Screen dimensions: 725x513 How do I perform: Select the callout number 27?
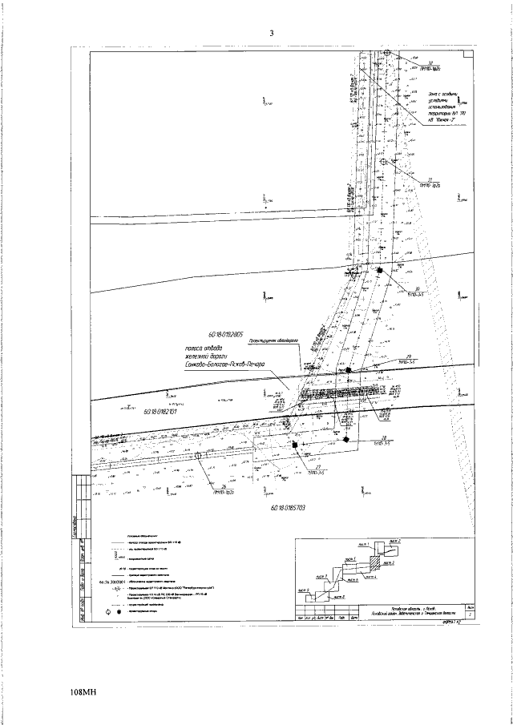tap(320, 466)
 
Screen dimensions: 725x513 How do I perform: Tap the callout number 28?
tap(385, 437)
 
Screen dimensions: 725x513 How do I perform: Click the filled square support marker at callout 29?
tap(349, 371)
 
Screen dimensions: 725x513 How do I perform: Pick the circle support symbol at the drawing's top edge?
tap(386, 52)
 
